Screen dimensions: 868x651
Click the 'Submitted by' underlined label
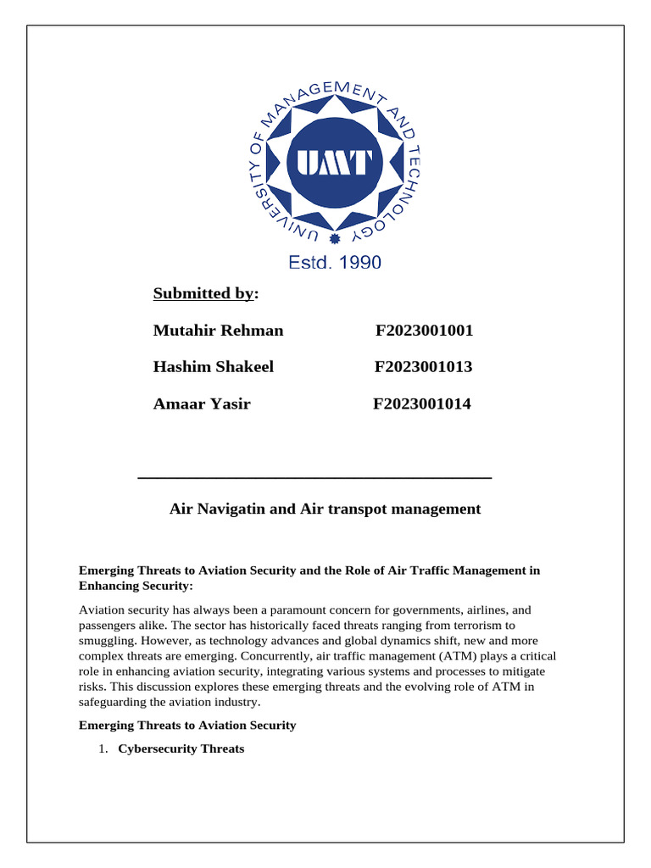point(203,293)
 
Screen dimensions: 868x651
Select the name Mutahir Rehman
point(218,331)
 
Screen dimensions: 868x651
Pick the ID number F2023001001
point(424,331)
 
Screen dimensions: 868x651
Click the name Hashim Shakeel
point(213,367)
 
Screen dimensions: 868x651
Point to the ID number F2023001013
point(423,367)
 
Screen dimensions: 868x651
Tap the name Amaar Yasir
point(202,403)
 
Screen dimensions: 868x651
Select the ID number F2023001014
point(422,403)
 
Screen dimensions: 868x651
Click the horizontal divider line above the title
point(314,479)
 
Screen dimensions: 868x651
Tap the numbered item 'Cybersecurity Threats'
point(181,748)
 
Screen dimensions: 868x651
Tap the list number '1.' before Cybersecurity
point(103,748)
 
